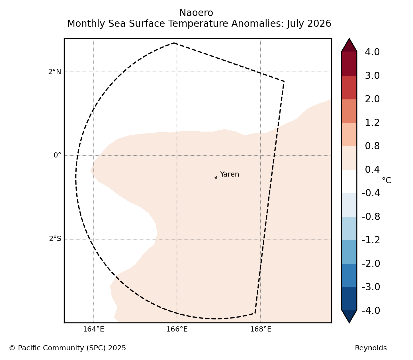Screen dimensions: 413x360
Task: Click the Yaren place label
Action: click(229, 174)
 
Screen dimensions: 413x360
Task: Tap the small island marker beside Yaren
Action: click(216, 177)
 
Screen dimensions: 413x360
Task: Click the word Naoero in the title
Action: click(196, 13)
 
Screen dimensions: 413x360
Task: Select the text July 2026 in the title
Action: click(309, 24)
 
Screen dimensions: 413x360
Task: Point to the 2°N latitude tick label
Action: click(54, 72)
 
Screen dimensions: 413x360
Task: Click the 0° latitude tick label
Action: click(57, 155)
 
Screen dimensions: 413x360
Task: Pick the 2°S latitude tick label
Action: click(55, 239)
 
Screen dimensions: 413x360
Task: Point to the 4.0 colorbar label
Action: click(372, 52)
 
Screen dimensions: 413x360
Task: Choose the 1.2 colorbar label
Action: click(372, 123)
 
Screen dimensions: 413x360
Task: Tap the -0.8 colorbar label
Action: click(371, 217)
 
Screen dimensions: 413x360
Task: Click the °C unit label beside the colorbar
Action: click(386, 180)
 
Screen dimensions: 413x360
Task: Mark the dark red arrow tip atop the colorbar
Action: click(349, 38)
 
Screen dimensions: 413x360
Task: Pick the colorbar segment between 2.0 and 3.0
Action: click(349, 87)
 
